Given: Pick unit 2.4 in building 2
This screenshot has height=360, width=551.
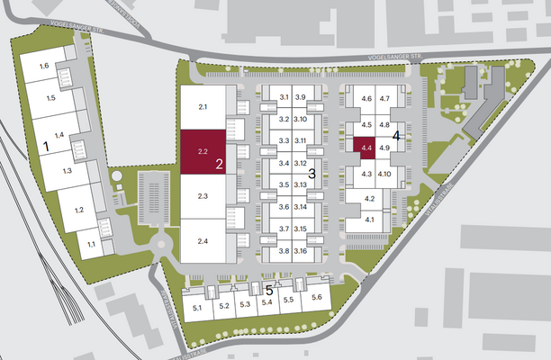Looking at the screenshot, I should click(x=203, y=241).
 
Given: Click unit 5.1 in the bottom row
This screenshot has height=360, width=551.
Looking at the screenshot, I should click(x=198, y=307).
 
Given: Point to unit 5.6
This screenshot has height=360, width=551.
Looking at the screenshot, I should click(x=316, y=298).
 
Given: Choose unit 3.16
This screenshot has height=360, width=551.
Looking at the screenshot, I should click(x=301, y=251).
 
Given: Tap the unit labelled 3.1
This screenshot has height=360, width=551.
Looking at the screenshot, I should click(x=283, y=96).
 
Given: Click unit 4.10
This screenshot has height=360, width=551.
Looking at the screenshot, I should click(x=384, y=173).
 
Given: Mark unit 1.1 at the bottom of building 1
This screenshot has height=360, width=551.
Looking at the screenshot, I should click(x=90, y=243).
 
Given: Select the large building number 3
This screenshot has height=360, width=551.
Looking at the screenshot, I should click(x=312, y=173).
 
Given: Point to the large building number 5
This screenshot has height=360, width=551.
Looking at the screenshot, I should click(x=269, y=290).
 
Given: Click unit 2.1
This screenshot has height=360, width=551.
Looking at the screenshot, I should click(x=203, y=107).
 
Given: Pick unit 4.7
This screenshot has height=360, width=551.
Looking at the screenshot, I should click(x=384, y=98).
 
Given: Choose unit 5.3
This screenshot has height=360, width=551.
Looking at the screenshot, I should click(x=245, y=305).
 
